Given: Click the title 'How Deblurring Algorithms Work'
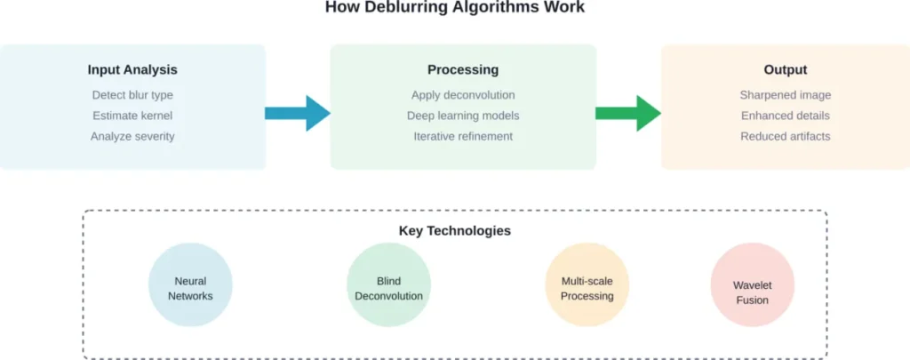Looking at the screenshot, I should [x=454, y=8].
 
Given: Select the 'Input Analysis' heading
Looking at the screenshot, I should [x=132, y=69].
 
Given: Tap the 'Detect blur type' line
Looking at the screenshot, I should [x=132, y=95].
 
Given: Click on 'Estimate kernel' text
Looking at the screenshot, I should [x=132, y=116].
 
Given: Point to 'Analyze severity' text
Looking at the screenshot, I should [x=132, y=136].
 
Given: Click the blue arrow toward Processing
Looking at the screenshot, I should [x=298, y=113].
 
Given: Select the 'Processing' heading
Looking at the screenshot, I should [x=463, y=69].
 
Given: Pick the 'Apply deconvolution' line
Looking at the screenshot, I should [x=463, y=95].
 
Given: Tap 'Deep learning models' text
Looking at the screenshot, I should [x=463, y=116].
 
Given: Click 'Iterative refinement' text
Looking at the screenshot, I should [x=463, y=136].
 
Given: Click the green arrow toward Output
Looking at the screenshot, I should [x=628, y=113].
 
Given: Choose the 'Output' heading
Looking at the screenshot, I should [x=785, y=69].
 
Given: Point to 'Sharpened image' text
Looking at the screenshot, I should [x=785, y=95].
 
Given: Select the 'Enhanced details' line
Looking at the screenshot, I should [x=785, y=116].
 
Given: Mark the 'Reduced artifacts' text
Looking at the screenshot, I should [x=785, y=136].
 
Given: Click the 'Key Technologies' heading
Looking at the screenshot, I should [x=454, y=231].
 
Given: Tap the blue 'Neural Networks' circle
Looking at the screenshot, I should [x=190, y=285].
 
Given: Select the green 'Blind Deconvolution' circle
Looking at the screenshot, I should [x=388, y=285].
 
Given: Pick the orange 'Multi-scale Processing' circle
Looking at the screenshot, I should [x=587, y=285].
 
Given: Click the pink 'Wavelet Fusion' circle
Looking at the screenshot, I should [x=752, y=285].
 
